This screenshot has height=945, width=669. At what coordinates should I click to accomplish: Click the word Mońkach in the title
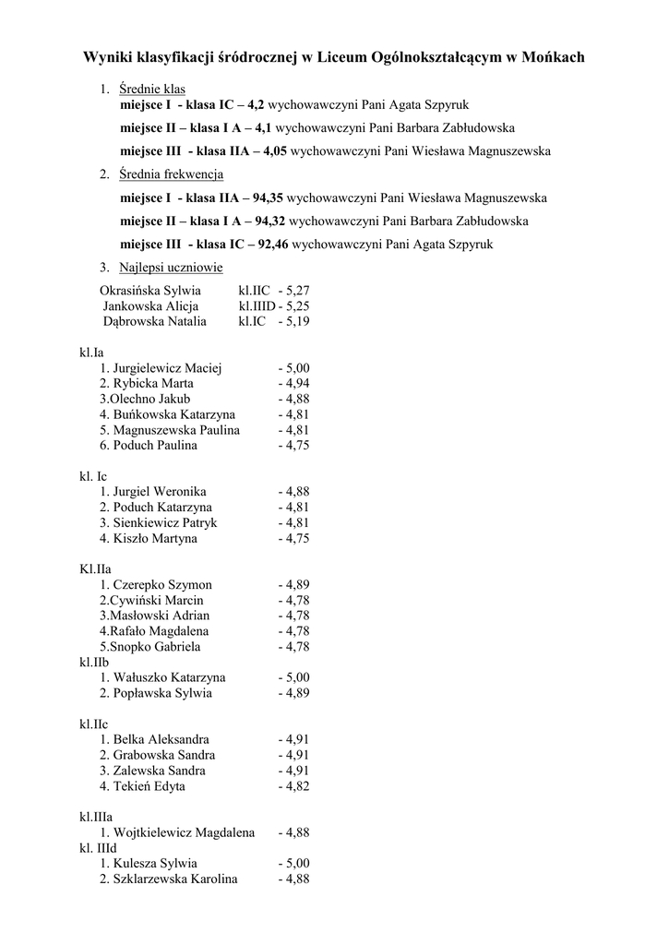tap(552, 57)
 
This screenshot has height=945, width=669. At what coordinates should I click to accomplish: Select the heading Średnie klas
tap(152, 90)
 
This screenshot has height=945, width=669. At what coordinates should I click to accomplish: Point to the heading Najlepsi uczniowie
tap(171, 268)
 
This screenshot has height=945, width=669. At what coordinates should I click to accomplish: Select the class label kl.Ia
tap(92, 352)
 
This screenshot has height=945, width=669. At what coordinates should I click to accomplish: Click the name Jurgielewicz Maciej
tap(167, 368)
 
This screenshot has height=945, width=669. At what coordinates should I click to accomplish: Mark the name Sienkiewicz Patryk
tap(165, 522)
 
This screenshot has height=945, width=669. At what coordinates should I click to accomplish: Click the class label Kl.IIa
tap(96, 569)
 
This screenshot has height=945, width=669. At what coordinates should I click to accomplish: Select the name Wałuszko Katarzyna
tap(169, 677)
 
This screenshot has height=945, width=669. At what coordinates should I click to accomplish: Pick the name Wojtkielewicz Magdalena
tap(184, 832)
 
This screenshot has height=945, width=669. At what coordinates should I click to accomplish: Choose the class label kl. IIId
tap(99, 848)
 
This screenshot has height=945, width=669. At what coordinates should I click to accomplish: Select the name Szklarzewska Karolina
tap(175, 879)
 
